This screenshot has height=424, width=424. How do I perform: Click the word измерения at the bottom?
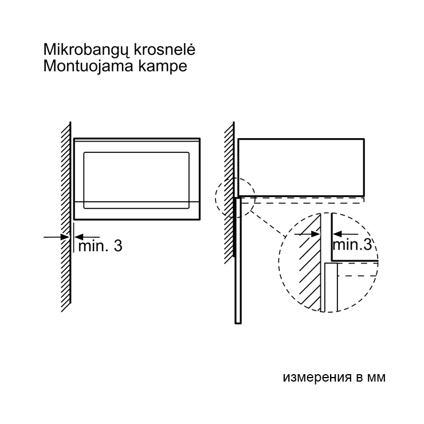tap(317, 377)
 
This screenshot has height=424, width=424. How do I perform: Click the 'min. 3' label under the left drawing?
tap(100, 246)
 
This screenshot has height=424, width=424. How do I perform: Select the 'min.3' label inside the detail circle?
tap(352, 245)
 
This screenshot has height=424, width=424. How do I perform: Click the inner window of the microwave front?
tap(136, 180)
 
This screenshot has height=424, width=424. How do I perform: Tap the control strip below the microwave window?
tap(137, 210)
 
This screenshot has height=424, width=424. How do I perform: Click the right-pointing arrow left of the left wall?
tap(56, 237)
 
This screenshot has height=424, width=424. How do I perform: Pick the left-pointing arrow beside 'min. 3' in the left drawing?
tap(87, 237)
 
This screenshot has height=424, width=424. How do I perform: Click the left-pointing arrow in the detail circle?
tap(346, 234)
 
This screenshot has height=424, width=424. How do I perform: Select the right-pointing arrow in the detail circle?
tap(307, 234)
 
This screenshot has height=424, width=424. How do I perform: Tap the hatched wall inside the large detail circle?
tap(310, 262)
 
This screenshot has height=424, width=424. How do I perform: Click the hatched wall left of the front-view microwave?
tap(66, 217)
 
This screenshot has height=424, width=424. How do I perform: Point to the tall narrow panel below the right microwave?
tap(238, 260)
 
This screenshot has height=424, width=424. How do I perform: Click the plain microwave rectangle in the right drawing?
tap(301, 167)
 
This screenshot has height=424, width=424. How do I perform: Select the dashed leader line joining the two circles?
tap(268, 224)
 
